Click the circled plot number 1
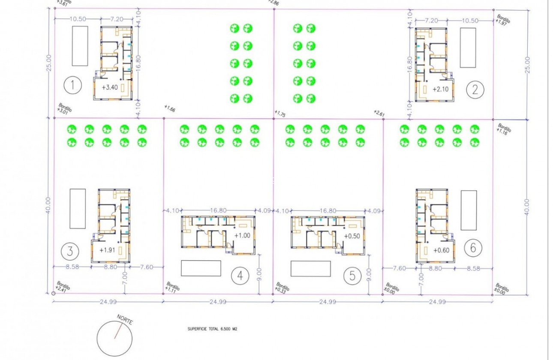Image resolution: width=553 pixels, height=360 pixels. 72,86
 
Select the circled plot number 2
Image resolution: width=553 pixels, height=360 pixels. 475,90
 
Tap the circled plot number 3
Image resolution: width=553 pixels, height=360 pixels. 70,251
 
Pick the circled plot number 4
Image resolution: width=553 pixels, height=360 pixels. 240,276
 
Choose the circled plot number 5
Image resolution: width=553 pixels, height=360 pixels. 352,276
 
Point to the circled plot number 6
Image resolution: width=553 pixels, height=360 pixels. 473,248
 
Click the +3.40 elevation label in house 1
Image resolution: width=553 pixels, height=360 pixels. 110,87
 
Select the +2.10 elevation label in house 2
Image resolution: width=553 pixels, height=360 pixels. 440,90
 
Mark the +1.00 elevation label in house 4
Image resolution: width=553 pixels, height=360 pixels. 242,235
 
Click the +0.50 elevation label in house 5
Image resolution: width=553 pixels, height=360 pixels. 352,235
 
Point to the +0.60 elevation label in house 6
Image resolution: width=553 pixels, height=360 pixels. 441,251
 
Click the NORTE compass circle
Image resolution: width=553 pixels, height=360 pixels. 114,336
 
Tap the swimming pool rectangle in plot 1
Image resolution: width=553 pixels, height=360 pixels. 80,46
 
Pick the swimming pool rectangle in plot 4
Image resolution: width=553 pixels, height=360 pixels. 201,268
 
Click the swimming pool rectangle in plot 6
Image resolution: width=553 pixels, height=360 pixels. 469,210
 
